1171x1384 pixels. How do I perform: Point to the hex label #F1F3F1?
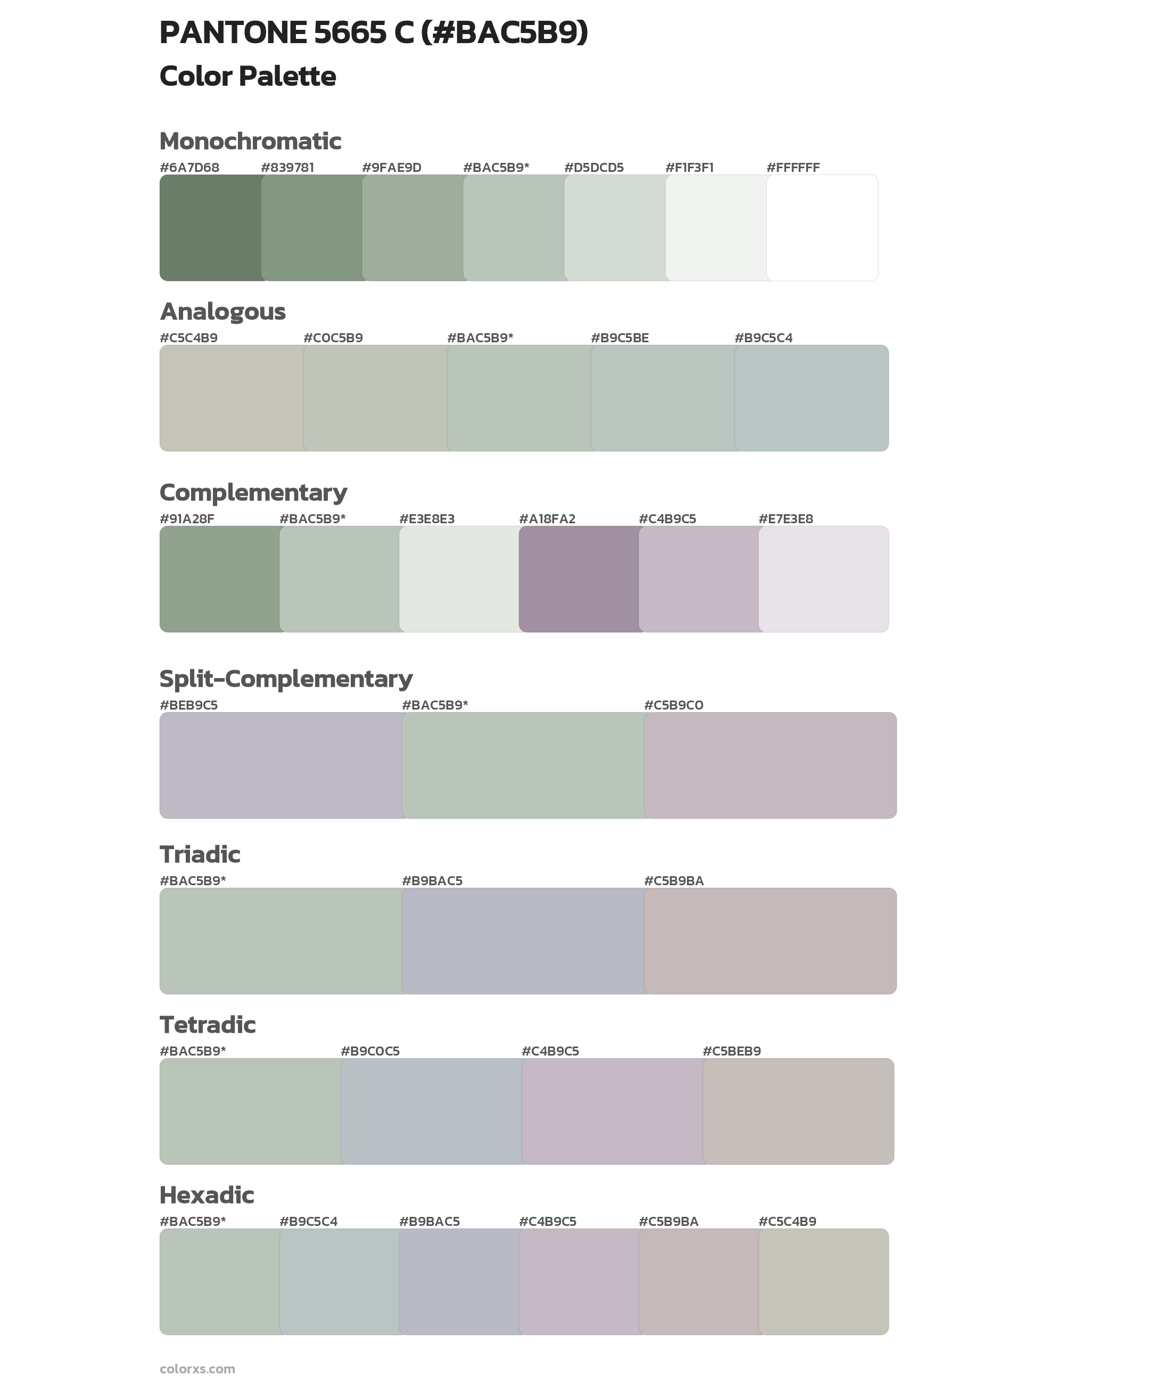click(689, 167)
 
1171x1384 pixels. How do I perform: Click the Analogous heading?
click(222, 311)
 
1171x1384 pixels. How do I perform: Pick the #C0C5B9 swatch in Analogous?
click(375, 398)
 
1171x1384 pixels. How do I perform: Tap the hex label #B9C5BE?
click(620, 338)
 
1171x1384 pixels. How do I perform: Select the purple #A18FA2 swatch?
click(579, 579)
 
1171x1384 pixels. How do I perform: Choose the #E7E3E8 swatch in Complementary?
click(823, 579)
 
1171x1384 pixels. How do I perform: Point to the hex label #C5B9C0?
click(673, 705)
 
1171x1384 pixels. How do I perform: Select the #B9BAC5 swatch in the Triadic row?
click(523, 941)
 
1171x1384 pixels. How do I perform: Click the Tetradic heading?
click(207, 1024)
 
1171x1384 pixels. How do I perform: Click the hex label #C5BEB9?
click(731, 1051)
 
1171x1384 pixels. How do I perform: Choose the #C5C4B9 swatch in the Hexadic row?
click(823, 1281)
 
